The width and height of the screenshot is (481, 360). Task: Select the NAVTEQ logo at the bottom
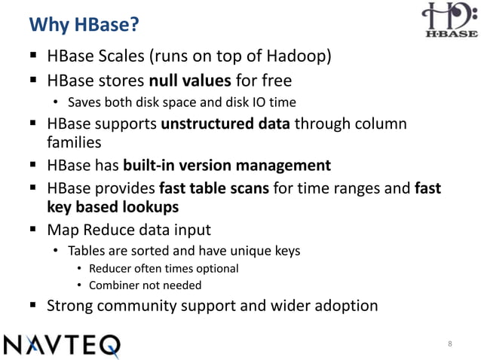pyautogui.click(x=63, y=345)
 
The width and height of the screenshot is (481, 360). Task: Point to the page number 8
pyautogui.click(x=450, y=345)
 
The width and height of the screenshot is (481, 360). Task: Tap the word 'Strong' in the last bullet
pyautogui.click(x=72, y=307)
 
